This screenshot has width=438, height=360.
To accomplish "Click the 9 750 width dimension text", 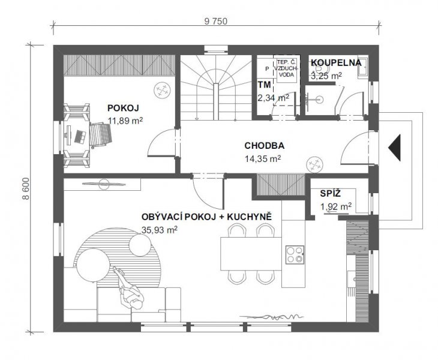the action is point(215,21).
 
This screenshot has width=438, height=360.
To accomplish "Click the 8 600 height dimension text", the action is point(26,189).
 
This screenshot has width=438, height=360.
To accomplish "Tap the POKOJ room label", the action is point(123,108).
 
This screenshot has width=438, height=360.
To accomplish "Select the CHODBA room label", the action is point(264,146).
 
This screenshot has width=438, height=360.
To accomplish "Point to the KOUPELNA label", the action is point(337,62).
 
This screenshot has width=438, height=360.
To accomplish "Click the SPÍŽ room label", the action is point(331,193).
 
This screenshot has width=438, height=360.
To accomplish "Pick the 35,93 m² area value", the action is point(160,230).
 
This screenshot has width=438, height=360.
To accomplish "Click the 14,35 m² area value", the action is point(263,158).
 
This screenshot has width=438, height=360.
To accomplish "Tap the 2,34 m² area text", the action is point(273,98).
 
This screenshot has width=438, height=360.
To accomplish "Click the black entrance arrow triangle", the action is point(394,148).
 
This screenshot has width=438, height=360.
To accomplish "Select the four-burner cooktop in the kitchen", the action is point(295,254).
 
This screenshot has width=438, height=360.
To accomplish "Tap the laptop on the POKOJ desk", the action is point(80,137).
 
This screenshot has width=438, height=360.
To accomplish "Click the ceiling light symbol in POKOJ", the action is point(162,90).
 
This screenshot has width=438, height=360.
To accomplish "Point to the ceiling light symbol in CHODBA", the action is point(314,164).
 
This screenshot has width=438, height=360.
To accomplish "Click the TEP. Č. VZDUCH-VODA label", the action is point(287,68).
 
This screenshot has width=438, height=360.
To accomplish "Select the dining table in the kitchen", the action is point(251,254).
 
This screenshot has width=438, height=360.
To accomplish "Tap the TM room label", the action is point(264,85).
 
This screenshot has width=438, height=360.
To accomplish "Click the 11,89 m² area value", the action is point(125,121).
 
